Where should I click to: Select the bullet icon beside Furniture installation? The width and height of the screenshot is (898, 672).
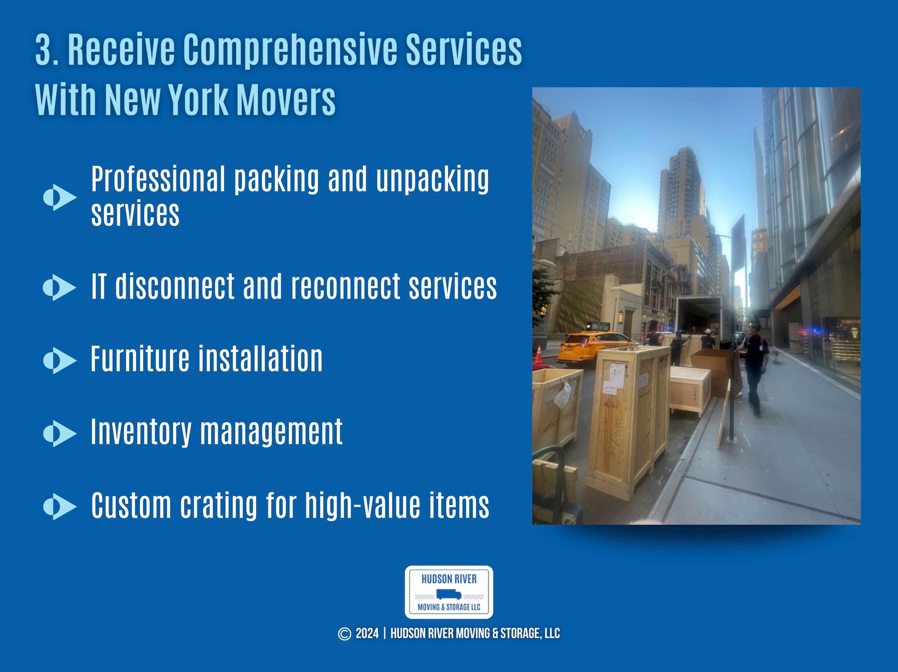(59, 360)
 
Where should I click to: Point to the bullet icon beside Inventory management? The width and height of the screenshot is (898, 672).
(59, 433)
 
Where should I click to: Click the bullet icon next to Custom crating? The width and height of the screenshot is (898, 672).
(59, 506)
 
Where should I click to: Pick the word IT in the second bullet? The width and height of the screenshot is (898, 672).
(99, 286)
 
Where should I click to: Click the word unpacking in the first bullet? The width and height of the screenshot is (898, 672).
(432, 179)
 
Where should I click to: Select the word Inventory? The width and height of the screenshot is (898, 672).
(141, 432)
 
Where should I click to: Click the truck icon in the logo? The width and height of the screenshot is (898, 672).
(449, 594)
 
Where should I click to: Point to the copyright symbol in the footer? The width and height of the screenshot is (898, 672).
(344, 634)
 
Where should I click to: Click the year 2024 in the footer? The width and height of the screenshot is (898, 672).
(367, 634)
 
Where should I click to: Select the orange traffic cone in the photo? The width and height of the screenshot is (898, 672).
(539, 355)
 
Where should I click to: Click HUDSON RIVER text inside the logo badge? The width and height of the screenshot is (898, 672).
(449, 579)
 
